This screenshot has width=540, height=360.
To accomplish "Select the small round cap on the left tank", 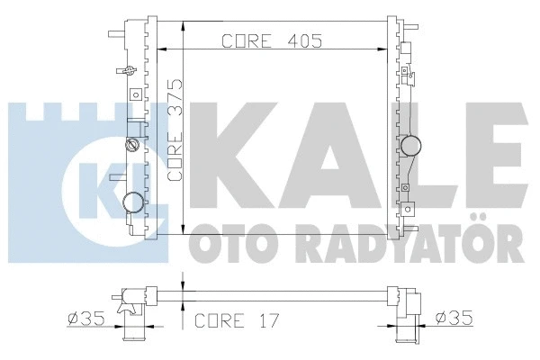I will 132,144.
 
